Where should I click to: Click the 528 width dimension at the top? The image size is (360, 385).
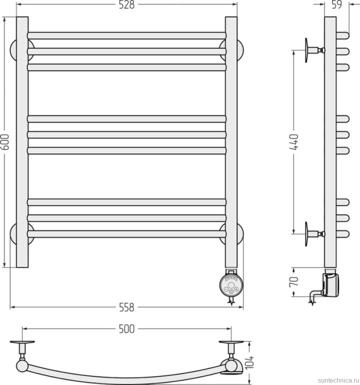(x=126, y=5)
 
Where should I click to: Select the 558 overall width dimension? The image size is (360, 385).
(x=126, y=308)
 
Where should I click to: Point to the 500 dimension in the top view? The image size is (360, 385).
(x=126, y=329)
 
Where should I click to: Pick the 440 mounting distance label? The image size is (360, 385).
(x=294, y=142)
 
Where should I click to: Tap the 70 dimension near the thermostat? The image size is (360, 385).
(x=294, y=281)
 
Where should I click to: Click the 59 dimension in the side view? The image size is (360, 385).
(x=337, y=5)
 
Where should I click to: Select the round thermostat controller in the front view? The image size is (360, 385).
(x=231, y=285)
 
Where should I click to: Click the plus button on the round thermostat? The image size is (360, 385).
(x=236, y=289)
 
